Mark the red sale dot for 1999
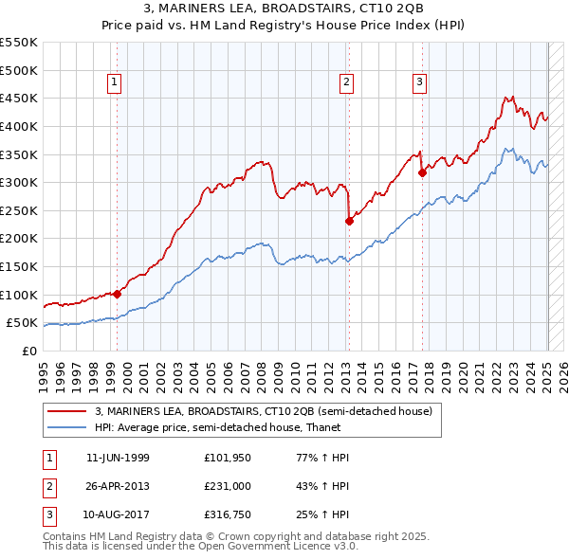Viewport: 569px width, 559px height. click(118, 294)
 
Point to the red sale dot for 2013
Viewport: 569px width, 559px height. click(349, 221)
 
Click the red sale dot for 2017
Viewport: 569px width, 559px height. click(423, 172)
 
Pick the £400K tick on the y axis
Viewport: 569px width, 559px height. click(20, 126)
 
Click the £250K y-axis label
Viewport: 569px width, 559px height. click(20, 210)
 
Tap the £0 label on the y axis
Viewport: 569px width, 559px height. click(29, 351)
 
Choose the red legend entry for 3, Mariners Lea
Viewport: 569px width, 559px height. click(263, 411)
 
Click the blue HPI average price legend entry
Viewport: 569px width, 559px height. click(235, 427)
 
